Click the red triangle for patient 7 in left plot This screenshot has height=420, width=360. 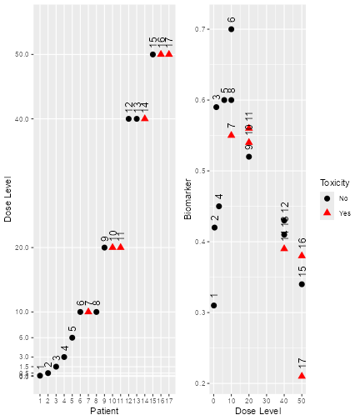(88, 311)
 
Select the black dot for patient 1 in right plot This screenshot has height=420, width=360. (214, 305)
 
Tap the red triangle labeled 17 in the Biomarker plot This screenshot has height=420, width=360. (302, 376)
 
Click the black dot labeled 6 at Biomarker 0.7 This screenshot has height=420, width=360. (232, 29)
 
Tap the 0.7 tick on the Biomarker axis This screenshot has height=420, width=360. (200, 29)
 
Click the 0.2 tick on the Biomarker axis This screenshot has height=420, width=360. (200, 383)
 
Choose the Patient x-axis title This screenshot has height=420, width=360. (104, 412)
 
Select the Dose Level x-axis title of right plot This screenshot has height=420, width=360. (257, 412)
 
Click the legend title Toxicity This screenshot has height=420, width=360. (334, 182)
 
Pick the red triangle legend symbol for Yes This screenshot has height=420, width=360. (327, 212)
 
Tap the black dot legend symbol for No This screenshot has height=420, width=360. (327, 198)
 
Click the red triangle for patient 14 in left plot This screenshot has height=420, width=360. (144, 117)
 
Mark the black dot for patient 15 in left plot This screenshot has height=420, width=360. (152, 54)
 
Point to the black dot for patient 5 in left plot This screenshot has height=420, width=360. (72, 337)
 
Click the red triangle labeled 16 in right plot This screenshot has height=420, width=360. (302, 255)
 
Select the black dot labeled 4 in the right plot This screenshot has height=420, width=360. (219, 206)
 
